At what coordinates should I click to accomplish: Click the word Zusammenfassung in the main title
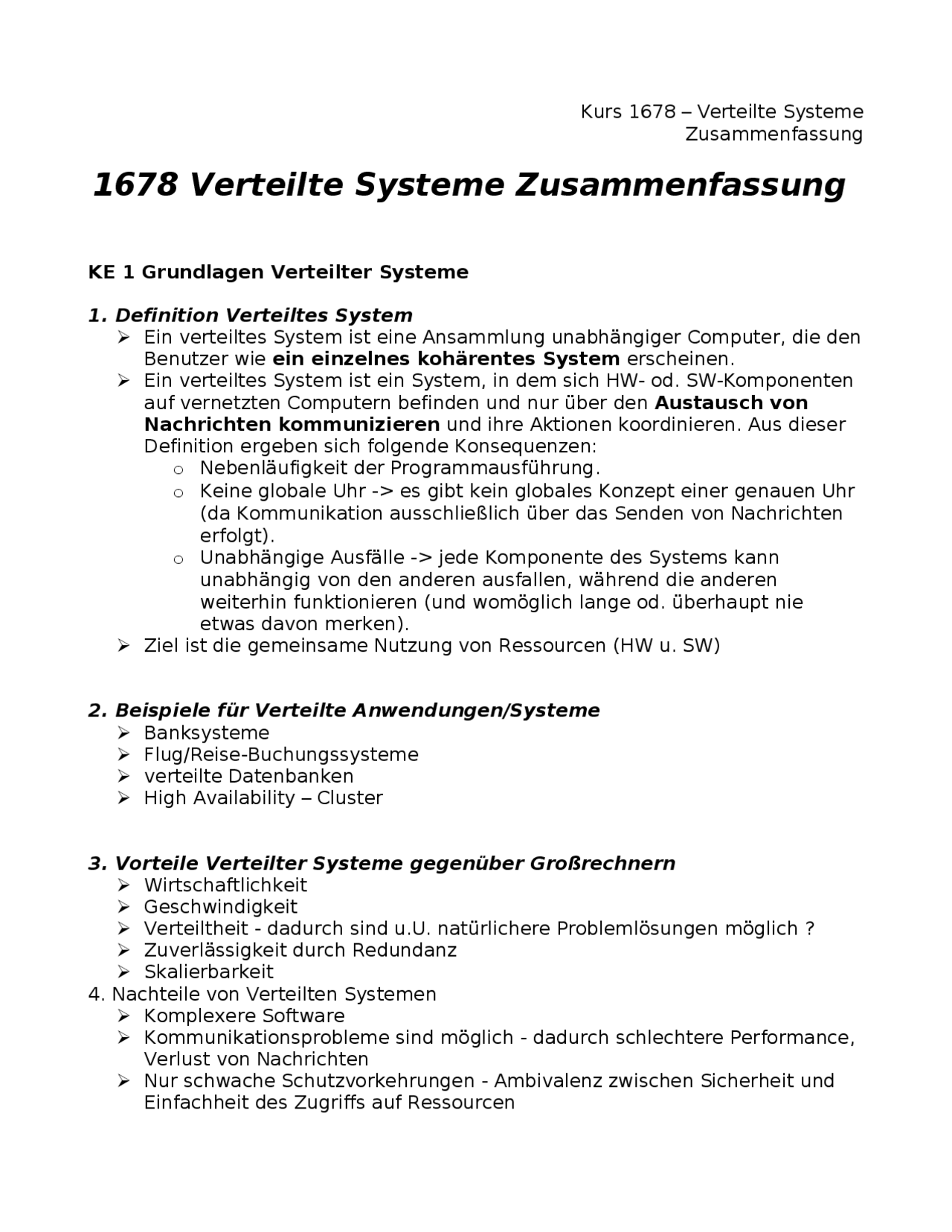[679, 185]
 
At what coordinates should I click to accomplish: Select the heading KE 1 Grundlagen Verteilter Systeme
[278, 272]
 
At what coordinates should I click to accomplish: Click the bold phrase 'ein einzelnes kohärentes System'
[446, 359]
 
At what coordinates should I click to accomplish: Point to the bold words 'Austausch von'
[731, 403]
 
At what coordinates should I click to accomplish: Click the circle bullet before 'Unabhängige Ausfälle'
[178, 559]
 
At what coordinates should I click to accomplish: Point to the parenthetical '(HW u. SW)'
[666, 646]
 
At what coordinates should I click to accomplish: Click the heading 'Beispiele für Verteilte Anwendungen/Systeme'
[357, 710]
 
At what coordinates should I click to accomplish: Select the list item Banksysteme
[207, 733]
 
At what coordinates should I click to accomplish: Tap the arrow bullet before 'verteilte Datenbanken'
[123, 777]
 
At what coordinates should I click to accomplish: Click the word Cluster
[350, 798]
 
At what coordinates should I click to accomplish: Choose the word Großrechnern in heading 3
[602, 864]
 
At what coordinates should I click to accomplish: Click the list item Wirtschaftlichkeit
[225, 885]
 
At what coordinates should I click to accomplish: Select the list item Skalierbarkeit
[209, 972]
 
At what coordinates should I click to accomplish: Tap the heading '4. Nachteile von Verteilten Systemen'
[262, 995]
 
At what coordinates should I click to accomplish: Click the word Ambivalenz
[547, 1081]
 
